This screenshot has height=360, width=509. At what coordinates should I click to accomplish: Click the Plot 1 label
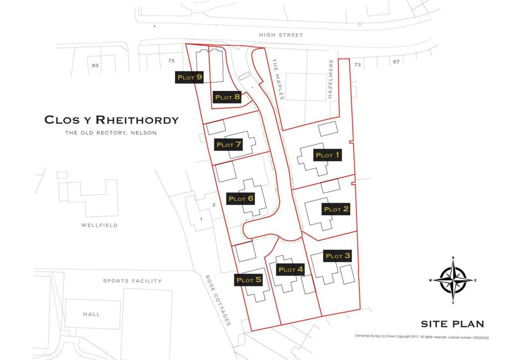(x=328, y=155)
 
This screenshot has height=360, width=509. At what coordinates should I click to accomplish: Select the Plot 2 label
(x=336, y=209)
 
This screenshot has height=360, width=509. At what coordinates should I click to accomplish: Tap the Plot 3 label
(x=338, y=256)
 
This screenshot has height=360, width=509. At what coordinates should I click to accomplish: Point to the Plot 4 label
(x=290, y=270)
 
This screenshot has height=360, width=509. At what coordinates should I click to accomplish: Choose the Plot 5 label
(x=249, y=280)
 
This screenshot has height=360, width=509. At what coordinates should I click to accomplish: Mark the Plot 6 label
(x=241, y=199)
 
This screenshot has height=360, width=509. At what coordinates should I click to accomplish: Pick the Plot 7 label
(x=228, y=145)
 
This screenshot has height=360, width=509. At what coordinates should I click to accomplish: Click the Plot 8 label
(x=227, y=97)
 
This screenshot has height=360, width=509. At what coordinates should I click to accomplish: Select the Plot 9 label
(x=189, y=78)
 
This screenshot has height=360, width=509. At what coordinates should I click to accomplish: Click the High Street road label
(x=281, y=35)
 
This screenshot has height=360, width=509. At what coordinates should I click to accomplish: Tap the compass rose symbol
(x=453, y=280)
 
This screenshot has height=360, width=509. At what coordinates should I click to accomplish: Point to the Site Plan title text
(x=452, y=324)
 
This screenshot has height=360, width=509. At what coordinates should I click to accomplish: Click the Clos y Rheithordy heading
(x=111, y=120)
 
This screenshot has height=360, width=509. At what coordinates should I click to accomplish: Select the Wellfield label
(x=99, y=225)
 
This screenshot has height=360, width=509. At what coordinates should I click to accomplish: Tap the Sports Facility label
(x=132, y=281)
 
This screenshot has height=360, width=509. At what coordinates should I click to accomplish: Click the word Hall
(x=91, y=314)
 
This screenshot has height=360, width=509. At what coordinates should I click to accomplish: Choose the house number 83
(x=95, y=65)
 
